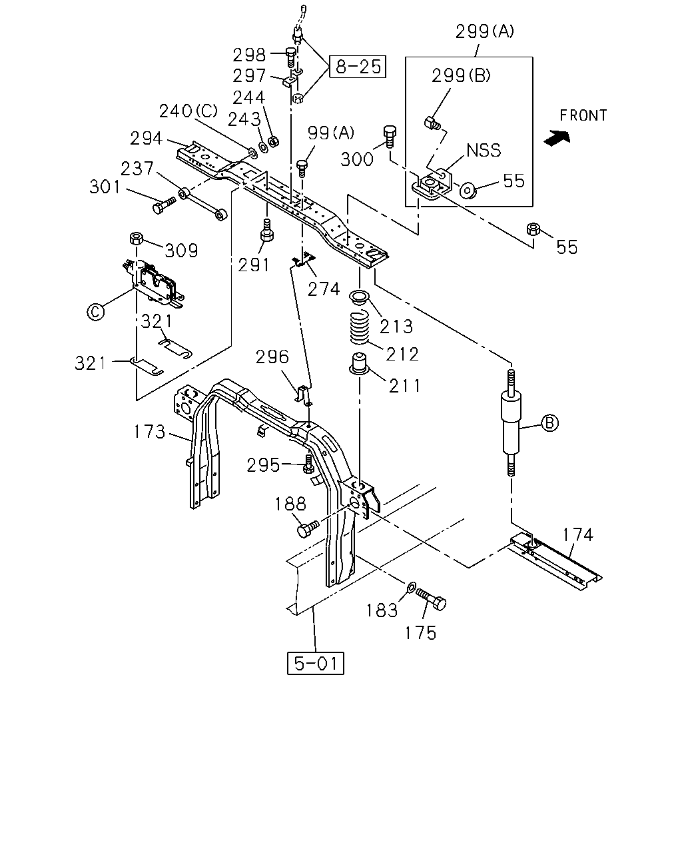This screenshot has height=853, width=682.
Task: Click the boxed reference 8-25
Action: (x=358, y=67)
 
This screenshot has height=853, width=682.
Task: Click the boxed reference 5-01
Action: (x=316, y=663)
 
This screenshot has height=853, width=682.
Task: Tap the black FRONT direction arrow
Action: (x=557, y=137)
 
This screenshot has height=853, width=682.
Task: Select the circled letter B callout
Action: (x=549, y=423)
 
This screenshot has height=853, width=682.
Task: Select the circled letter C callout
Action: (x=95, y=312)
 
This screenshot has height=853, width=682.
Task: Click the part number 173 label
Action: (x=149, y=432)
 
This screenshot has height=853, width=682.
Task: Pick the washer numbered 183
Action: (x=412, y=586)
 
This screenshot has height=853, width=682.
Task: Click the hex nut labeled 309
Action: (x=137, y=239)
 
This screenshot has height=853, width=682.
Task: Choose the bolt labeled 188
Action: (x=308, y=528)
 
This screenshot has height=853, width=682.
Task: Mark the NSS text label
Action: (x=484, y=151)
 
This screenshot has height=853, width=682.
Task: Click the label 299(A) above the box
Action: (x=484, y=32)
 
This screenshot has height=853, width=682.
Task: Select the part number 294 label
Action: (x=147, y=139)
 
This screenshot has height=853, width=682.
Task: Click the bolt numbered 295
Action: (x=308, y=464)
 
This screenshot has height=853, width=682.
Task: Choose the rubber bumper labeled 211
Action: (x=359, y=363)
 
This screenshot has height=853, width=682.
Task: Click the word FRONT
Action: (x=583, y=116)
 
